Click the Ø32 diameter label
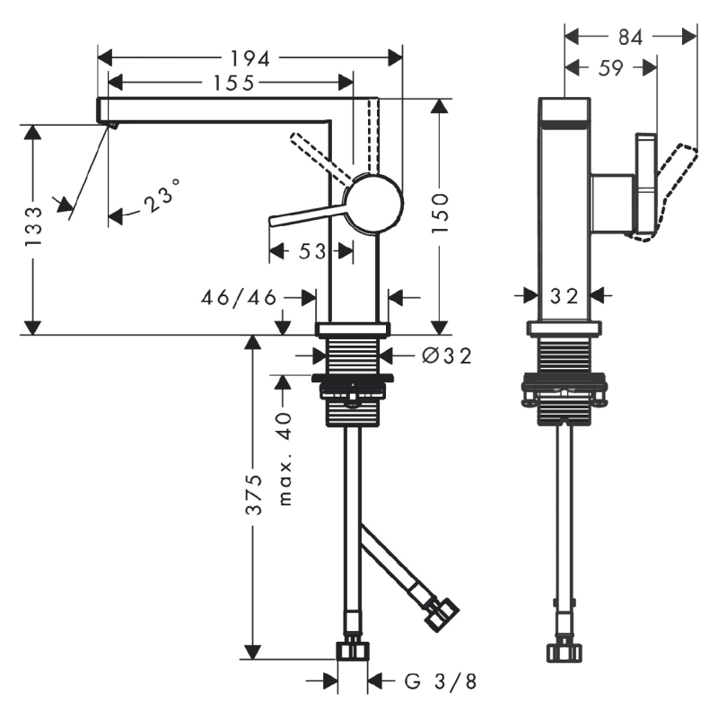tap(446, 356)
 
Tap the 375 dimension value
tap(255, 495)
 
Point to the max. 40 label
tap(285, 459)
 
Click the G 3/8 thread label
tap(440, 682)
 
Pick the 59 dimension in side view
tap(609, 67)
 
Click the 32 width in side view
tap(565, 296)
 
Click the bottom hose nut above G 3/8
tap(353, 650)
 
